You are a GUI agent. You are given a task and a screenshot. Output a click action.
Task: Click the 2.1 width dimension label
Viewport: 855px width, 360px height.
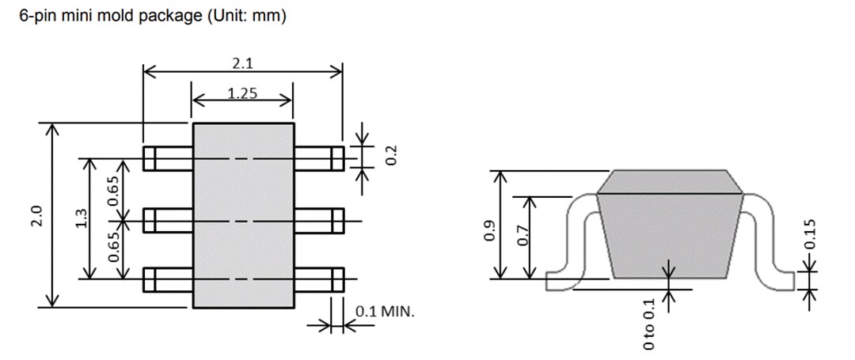click(x=242, y=63)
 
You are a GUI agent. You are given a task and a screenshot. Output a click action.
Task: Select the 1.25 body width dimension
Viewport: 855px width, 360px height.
click(x=242, y=93)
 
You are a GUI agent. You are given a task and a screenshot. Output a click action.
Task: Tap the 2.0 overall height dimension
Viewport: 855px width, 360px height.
click(x=36, y=215)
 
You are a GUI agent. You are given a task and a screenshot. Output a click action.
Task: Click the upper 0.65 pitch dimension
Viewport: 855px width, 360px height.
click(x=113, y=190)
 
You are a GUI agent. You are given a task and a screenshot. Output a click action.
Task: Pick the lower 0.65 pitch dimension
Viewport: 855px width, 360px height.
click(x=113, y=247)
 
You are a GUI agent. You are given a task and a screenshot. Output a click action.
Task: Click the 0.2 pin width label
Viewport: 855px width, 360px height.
click(x=390, y=155)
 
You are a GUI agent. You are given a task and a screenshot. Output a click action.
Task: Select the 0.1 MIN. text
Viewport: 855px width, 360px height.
click(x=385, y=311)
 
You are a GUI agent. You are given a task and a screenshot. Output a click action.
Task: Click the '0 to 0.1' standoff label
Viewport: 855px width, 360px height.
click(x=649, y=324)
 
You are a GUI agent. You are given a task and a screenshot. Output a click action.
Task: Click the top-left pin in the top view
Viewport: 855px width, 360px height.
click(x=168, y=159)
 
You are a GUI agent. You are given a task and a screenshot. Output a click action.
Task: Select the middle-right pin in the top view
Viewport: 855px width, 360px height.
click(x=318, y=220)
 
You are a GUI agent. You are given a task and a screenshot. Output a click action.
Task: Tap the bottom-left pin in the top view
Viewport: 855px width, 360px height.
click(x=168, y=279)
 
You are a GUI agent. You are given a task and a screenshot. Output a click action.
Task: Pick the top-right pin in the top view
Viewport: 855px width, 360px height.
click(x=318, y=159)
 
